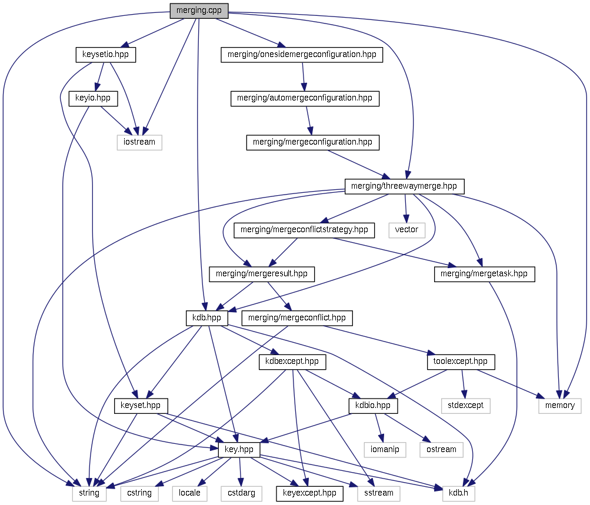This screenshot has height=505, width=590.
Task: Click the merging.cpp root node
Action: click(199, 10)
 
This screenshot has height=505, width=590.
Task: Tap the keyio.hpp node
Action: click(93, 98)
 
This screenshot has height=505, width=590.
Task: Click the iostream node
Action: click(139, 142)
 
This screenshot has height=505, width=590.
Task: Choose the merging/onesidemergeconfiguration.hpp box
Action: click(302, 55)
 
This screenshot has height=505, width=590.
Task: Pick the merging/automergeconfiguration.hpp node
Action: click(305, 98)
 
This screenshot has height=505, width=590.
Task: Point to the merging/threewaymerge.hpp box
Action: click(404, 186)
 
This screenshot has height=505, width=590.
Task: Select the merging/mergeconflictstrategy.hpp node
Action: click(305, 229)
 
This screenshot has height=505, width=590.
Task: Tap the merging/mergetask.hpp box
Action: click(485, 273)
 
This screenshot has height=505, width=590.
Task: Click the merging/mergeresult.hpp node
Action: click(262, 273)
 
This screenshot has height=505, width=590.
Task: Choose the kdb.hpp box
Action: click(206, 318)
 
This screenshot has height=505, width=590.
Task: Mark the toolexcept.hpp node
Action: click(461, 361)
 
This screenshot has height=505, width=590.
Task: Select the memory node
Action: click(560, 405)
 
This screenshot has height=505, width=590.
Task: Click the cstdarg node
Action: click(241, 493)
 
